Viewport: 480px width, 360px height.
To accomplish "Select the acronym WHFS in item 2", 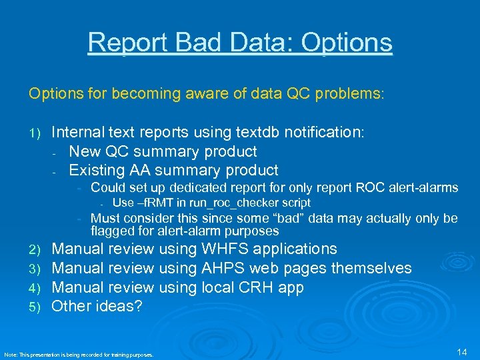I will point(224,249).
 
